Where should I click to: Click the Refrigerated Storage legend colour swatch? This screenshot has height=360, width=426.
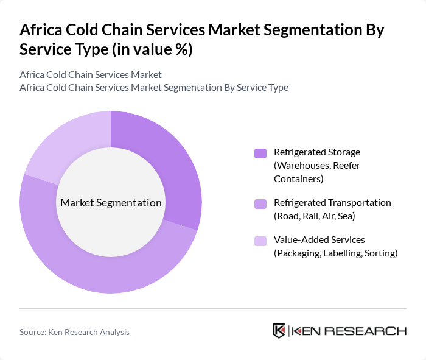(260, 153)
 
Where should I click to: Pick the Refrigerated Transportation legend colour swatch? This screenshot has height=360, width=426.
(260, 203)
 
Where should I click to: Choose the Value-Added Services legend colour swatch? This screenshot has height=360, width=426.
(260, 241)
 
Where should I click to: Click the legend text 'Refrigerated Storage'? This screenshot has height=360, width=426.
(317, 152)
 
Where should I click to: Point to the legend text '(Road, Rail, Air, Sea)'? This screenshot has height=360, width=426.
(315, 216)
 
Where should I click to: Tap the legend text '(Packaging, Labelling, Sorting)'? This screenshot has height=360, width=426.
(335, 253)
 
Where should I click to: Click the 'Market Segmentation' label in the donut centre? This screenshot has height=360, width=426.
(110, 203)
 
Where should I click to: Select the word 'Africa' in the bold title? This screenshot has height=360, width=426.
(41, 30)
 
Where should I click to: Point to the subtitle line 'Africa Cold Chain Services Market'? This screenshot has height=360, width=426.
(91, 74)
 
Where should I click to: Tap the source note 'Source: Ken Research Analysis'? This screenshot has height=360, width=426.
(74, 332)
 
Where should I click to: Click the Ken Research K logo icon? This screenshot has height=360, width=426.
(279, 331)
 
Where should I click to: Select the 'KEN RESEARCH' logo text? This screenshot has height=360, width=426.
(349, 331)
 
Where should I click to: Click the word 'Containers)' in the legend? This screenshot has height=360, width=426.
(299, 178)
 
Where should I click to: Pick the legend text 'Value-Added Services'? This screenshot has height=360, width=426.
(319, 240)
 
